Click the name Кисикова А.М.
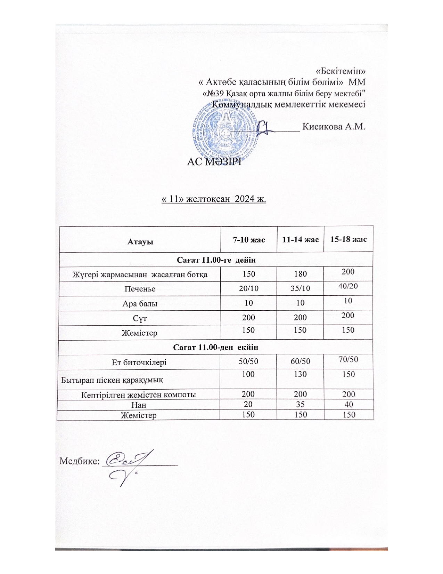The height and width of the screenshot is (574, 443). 334,127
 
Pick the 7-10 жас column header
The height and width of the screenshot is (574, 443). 249,240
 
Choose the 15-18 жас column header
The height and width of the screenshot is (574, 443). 348,239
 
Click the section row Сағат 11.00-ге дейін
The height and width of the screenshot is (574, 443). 216,260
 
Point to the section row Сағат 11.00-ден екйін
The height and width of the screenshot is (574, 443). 215,347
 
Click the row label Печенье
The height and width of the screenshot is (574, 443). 140,289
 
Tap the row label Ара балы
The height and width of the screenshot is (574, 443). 140,304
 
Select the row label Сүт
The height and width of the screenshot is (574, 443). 140,318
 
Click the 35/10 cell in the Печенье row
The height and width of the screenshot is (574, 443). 300,288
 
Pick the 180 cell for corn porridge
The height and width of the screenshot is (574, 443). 300,274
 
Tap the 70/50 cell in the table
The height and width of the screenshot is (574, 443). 348,359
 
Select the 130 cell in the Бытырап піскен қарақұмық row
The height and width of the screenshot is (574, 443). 300,374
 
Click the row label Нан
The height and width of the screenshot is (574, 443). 139,405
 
